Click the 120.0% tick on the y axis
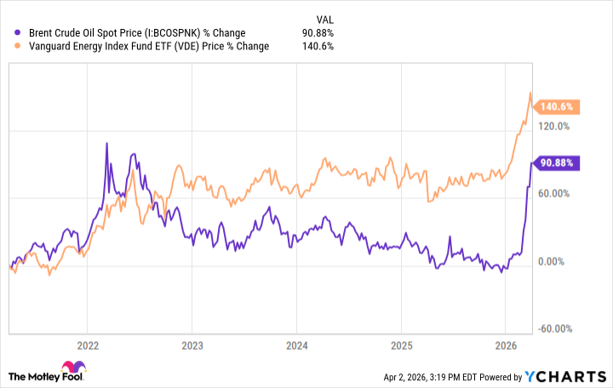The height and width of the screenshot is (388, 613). pos(554,126)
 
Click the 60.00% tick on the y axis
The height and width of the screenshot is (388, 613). pos(554,194)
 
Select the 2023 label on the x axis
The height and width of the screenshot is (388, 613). pos(192,346)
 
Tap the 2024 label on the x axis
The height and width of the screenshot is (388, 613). pos(296,346)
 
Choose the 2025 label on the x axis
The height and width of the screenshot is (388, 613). pos(401,346)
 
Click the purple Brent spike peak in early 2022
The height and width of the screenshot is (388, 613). pos(106,143)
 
